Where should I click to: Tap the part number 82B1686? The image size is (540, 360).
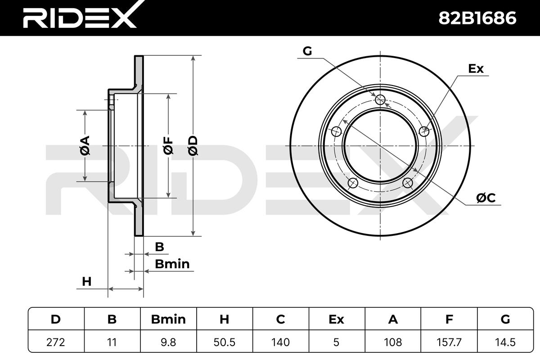click(x=477, y=18)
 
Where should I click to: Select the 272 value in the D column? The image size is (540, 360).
click(x=56, y=342)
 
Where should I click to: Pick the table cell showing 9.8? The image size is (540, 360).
click(x=168, y=342)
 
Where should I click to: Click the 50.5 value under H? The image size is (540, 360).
click(x=225, y=342)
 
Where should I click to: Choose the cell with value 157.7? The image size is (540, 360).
click(x=449, y=342)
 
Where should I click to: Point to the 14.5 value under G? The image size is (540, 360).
click(x=505, y=342)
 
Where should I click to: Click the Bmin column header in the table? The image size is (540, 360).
click(x=168, y=319)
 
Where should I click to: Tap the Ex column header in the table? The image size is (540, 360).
click(x=336, y=319)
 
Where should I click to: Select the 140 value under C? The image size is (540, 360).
click(x=281, y=342)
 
